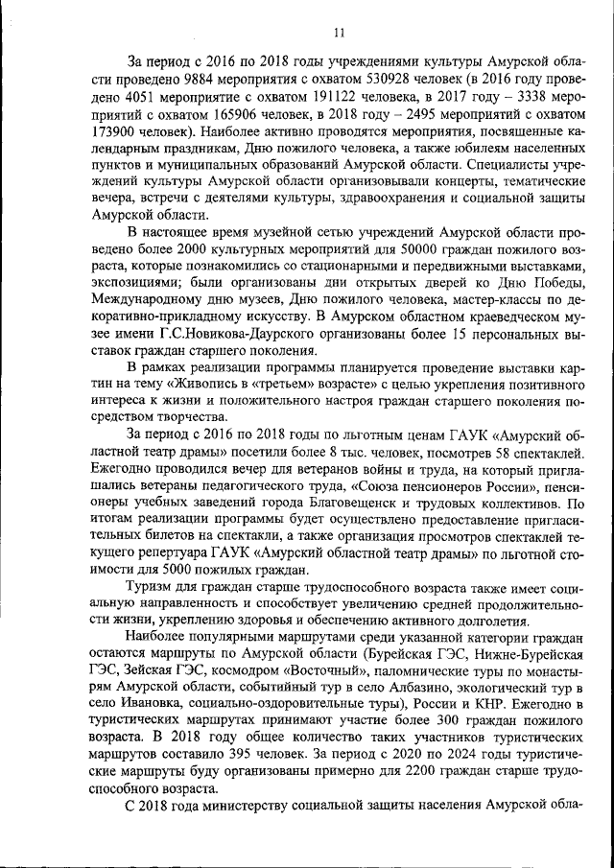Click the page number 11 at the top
pos(339,33)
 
